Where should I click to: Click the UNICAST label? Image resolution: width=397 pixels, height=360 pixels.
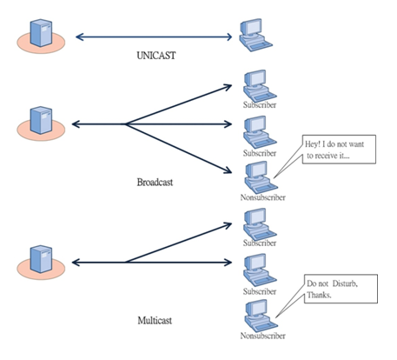pyautogui.click(x=156, y=55)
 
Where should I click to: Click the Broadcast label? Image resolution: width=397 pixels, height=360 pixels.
pyautogui.click(x=155, y=183)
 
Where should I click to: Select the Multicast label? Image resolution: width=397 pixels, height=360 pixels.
pyautogui.click(x=155, y=321)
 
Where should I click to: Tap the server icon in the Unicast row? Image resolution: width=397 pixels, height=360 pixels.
pyautogui.click(x=41, y=36)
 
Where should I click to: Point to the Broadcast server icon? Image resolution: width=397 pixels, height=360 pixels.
pyautogui.click(x=41, y=123)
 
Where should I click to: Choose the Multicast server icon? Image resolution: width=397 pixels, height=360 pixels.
pyautogui.click(x=41, y=262)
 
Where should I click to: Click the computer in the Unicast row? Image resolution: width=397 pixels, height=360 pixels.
pyautogui.click(x=256, y=35)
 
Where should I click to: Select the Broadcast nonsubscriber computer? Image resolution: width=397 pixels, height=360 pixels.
pyautogui.click(x=261, y=177)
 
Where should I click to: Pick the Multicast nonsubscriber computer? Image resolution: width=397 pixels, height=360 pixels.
pyautogui.click(x=261, y=316)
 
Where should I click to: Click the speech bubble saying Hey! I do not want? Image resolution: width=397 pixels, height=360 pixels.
pyautogui.click(x=339, y=150)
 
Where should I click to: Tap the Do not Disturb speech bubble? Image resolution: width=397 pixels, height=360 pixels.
pyautogui.click(x=341, y=289)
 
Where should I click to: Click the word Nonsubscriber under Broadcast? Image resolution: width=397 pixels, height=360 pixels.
pyautogui.click(x=263, y=197)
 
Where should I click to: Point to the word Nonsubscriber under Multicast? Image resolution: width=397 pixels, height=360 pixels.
pyautogui.click(x=263, y=336)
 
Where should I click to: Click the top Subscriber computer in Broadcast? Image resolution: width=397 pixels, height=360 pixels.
pyautogui.click(x=260, y=86)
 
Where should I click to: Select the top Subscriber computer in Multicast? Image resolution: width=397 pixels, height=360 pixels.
pyautogui.click(x=260, y=224)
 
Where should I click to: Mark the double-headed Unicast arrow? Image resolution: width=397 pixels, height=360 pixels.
pyautogui.click(x=154, y=37)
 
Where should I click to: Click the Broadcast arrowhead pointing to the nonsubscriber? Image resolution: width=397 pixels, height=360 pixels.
pyautogui.click(x=228, y=171)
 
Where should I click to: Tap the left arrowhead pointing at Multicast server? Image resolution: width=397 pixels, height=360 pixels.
pyautogui.click(x=76, y=263)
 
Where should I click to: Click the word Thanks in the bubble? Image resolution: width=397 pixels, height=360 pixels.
pyautogui.click(x=319, y=295)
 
